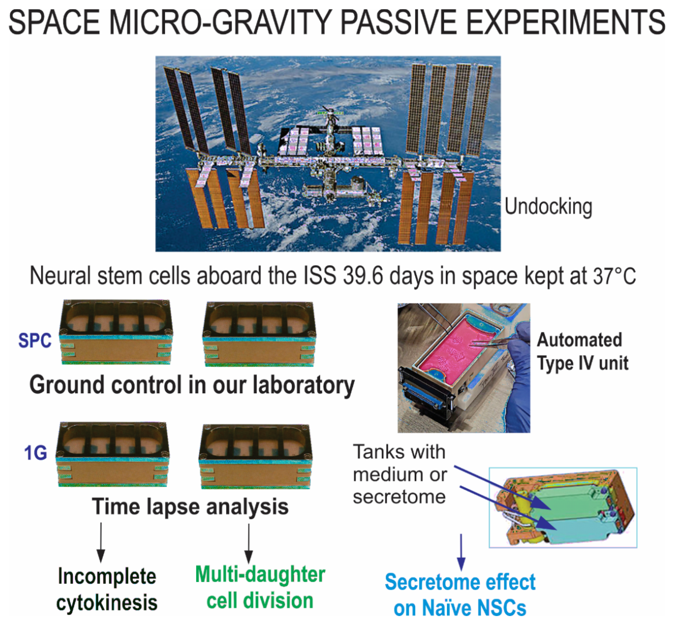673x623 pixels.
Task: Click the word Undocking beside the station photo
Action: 548,207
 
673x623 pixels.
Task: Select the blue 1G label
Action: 35,453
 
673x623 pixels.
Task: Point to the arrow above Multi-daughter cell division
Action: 248,544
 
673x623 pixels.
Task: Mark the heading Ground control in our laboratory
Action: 192,385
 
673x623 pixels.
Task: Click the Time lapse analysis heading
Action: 190,507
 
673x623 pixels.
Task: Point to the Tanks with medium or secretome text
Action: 400,474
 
